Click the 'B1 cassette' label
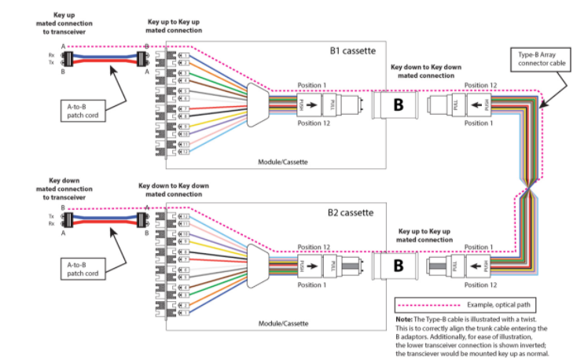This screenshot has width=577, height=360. click(351, 51)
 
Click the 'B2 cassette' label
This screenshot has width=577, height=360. click(351, 212)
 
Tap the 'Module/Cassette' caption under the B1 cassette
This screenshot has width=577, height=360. click(283, 161)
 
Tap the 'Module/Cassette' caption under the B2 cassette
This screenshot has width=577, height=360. click(283, 323)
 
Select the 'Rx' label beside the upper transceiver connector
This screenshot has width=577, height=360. click(51, 55)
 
